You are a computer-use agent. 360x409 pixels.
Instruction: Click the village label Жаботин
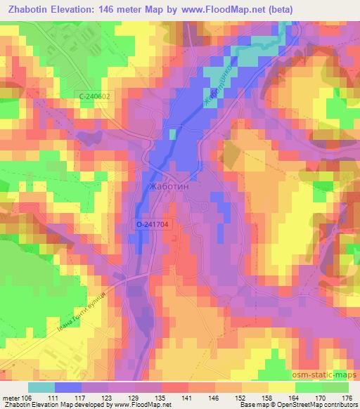(x=169, y=188)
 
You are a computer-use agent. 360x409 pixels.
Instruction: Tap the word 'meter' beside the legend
(x=10, y=396)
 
